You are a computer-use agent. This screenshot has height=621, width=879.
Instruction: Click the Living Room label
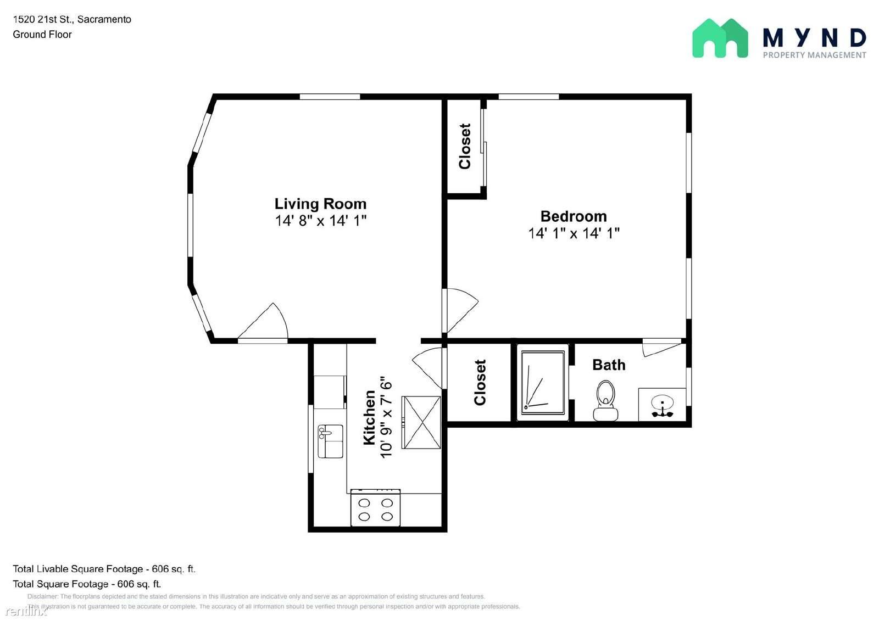[x=320, y=204]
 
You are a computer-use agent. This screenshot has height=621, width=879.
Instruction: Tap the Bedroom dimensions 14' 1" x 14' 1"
[x=574, y=233]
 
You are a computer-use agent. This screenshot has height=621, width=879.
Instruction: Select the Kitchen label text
[x=369, y=417]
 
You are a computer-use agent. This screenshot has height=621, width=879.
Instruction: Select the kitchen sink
[x=330, y=441]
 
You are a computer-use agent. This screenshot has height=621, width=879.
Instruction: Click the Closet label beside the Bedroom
[x=465, y=146]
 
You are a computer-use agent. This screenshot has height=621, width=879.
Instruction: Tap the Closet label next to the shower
[x=480, y=383]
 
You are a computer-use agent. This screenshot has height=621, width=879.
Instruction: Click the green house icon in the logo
[x=720, y=38]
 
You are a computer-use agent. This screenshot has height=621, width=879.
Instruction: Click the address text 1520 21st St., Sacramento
[x=72, y=19]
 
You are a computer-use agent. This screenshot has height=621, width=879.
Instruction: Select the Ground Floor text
[x=42, y=34]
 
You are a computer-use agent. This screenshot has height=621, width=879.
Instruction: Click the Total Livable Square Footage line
[x=104, y=569]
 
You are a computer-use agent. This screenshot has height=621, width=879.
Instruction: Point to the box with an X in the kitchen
[x=421, y=422]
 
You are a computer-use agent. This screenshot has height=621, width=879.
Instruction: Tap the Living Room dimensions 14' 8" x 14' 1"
[x=320, y=221]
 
